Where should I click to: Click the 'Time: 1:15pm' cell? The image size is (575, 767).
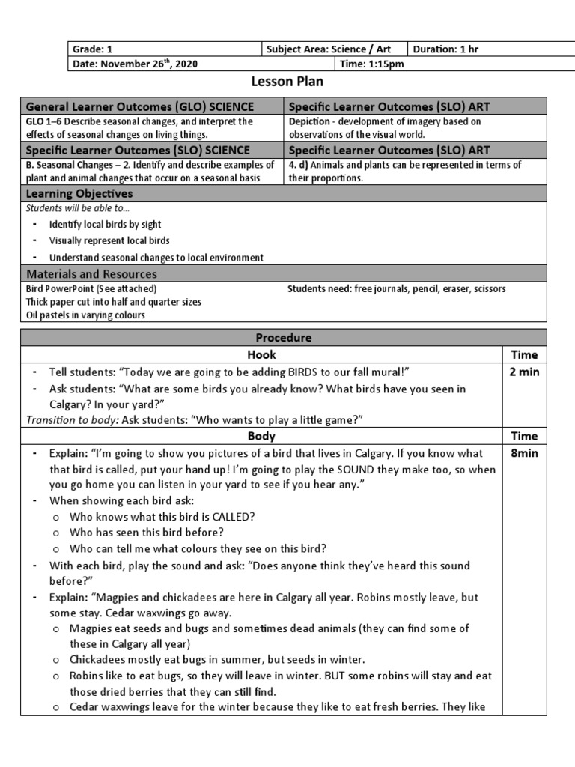pos(372,64)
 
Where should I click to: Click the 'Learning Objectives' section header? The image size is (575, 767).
pos(79,194)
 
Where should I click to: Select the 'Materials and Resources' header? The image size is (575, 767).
pos(91,274)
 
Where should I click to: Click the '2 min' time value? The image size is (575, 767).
pos(523,372)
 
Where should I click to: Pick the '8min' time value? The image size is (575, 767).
pos(523,453)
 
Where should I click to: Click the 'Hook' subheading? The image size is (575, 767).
pos(261,355)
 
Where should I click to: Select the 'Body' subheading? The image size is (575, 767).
pos(261,436)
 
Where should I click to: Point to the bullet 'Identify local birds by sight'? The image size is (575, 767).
pos(105,224)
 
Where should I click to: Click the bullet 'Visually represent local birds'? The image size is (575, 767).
pos(109,241)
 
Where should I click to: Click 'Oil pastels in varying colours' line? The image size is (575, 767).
pos(85,315)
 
